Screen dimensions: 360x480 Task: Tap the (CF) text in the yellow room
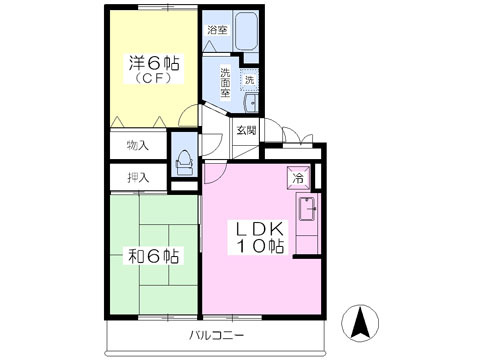153,78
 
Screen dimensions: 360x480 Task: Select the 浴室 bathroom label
217,30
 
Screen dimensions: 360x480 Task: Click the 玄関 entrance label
246,130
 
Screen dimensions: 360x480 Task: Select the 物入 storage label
137,145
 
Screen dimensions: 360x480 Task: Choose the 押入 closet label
137,178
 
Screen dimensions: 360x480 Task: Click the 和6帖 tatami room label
152,256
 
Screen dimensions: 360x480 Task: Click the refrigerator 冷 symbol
297,176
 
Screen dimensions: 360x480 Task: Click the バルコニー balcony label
213,334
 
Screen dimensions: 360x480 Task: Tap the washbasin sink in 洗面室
250,101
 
